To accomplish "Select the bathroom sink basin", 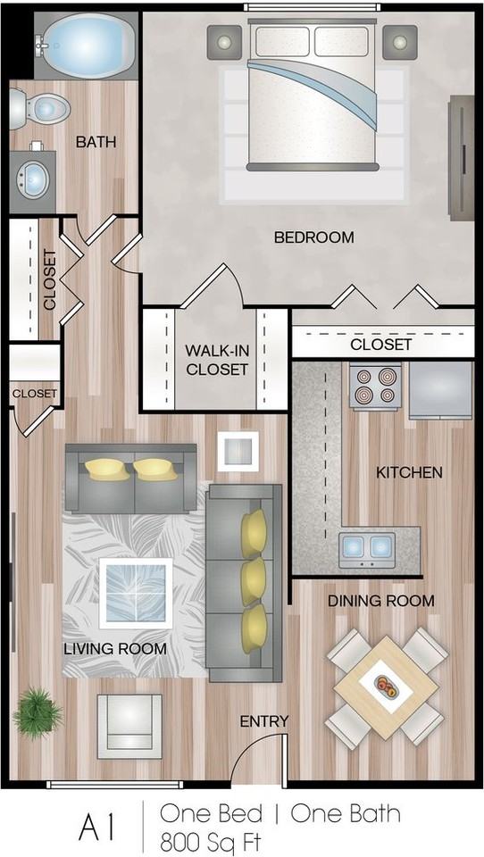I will click(35, 178).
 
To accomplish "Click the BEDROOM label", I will click(313, 237).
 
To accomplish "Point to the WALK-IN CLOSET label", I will click(216, 359).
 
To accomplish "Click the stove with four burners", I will click(374, 386).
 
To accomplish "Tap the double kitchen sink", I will click(367, 545).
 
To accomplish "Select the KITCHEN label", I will click(409, 472).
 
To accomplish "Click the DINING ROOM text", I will click(380, 601).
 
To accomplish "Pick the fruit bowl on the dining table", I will click(388, 686).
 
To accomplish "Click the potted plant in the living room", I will click(38, 711).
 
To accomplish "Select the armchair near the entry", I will click(129, 721).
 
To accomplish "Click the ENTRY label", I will click(264, 721).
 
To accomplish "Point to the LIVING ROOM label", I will click(114, 649).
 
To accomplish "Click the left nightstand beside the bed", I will click(225, 41).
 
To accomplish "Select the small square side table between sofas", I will click(238, 451).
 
